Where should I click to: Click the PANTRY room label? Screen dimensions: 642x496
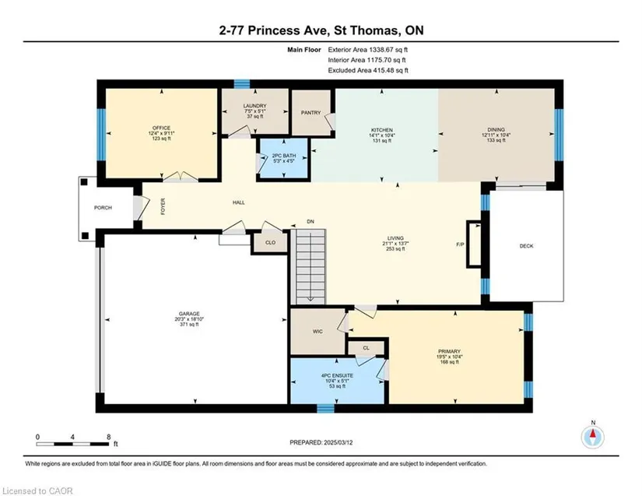click(310, 113)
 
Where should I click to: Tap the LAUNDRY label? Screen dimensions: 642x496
click(254, 106)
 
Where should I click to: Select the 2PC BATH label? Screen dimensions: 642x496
click(284, 156)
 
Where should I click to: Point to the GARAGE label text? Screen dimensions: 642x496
click(189, 314)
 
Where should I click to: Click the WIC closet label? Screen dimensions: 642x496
click(317, 332)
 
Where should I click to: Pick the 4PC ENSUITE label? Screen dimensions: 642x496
click(337, 375)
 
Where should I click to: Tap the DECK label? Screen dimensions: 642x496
click(527, 246)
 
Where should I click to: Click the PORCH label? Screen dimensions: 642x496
click(103, 208)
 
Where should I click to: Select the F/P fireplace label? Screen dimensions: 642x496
click(460, 244)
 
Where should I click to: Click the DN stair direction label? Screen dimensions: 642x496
click(310, 222)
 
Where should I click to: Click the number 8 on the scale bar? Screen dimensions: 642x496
click(108, 437)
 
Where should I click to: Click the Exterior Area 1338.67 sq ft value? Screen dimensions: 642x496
click(367, 50)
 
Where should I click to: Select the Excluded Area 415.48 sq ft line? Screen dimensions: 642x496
click(368, 70)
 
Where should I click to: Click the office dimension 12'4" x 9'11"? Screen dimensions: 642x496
click(162, 133)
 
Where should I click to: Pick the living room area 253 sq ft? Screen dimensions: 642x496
click(395, 248)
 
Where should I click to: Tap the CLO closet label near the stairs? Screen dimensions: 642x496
click(270, 242)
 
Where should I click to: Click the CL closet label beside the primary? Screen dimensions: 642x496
click(366, 348)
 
